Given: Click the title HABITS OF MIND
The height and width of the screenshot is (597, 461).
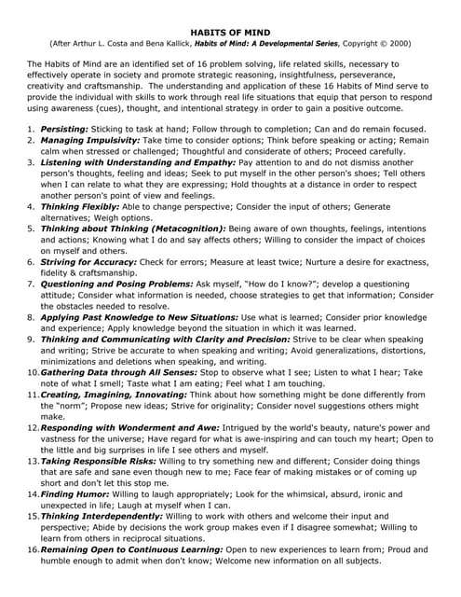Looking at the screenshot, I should (x=229, y=31).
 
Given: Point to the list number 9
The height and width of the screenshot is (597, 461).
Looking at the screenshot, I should (x=31, y=340).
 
